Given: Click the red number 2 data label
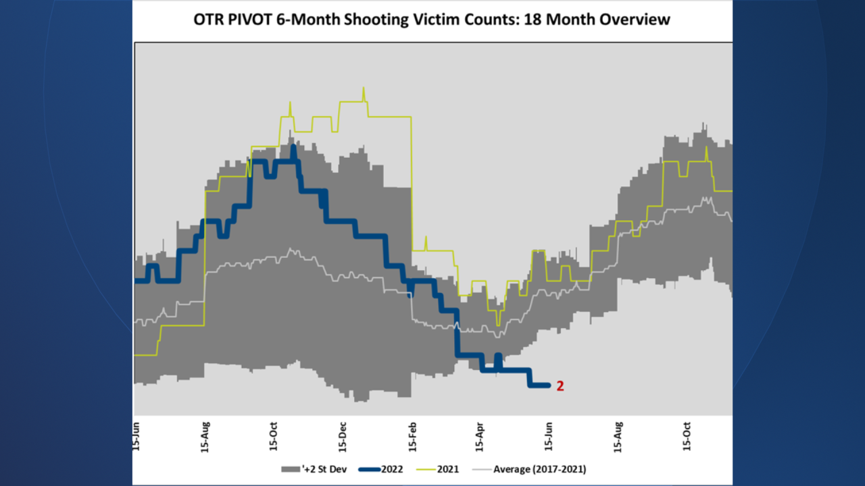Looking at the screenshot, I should (x=560, y=386).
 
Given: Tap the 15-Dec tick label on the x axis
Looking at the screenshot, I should (x=343, y=437).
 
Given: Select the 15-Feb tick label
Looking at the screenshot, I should (x=412, y=437).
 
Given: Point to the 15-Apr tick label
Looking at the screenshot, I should (x=479, y=437).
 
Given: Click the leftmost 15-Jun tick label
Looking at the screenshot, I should (x=137, y=437).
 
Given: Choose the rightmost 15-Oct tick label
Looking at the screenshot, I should (x=687, y=437).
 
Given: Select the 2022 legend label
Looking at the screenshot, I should (x=392, y=469).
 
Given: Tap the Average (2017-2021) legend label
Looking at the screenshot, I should (x=539, y=469).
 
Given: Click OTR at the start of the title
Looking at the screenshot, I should (x=207, y=20).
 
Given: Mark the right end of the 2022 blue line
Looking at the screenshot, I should (x=549, y=385).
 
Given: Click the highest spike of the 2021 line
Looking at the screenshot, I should (x=364, y=88).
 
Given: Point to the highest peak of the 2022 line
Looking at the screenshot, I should (x=293, y=147).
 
